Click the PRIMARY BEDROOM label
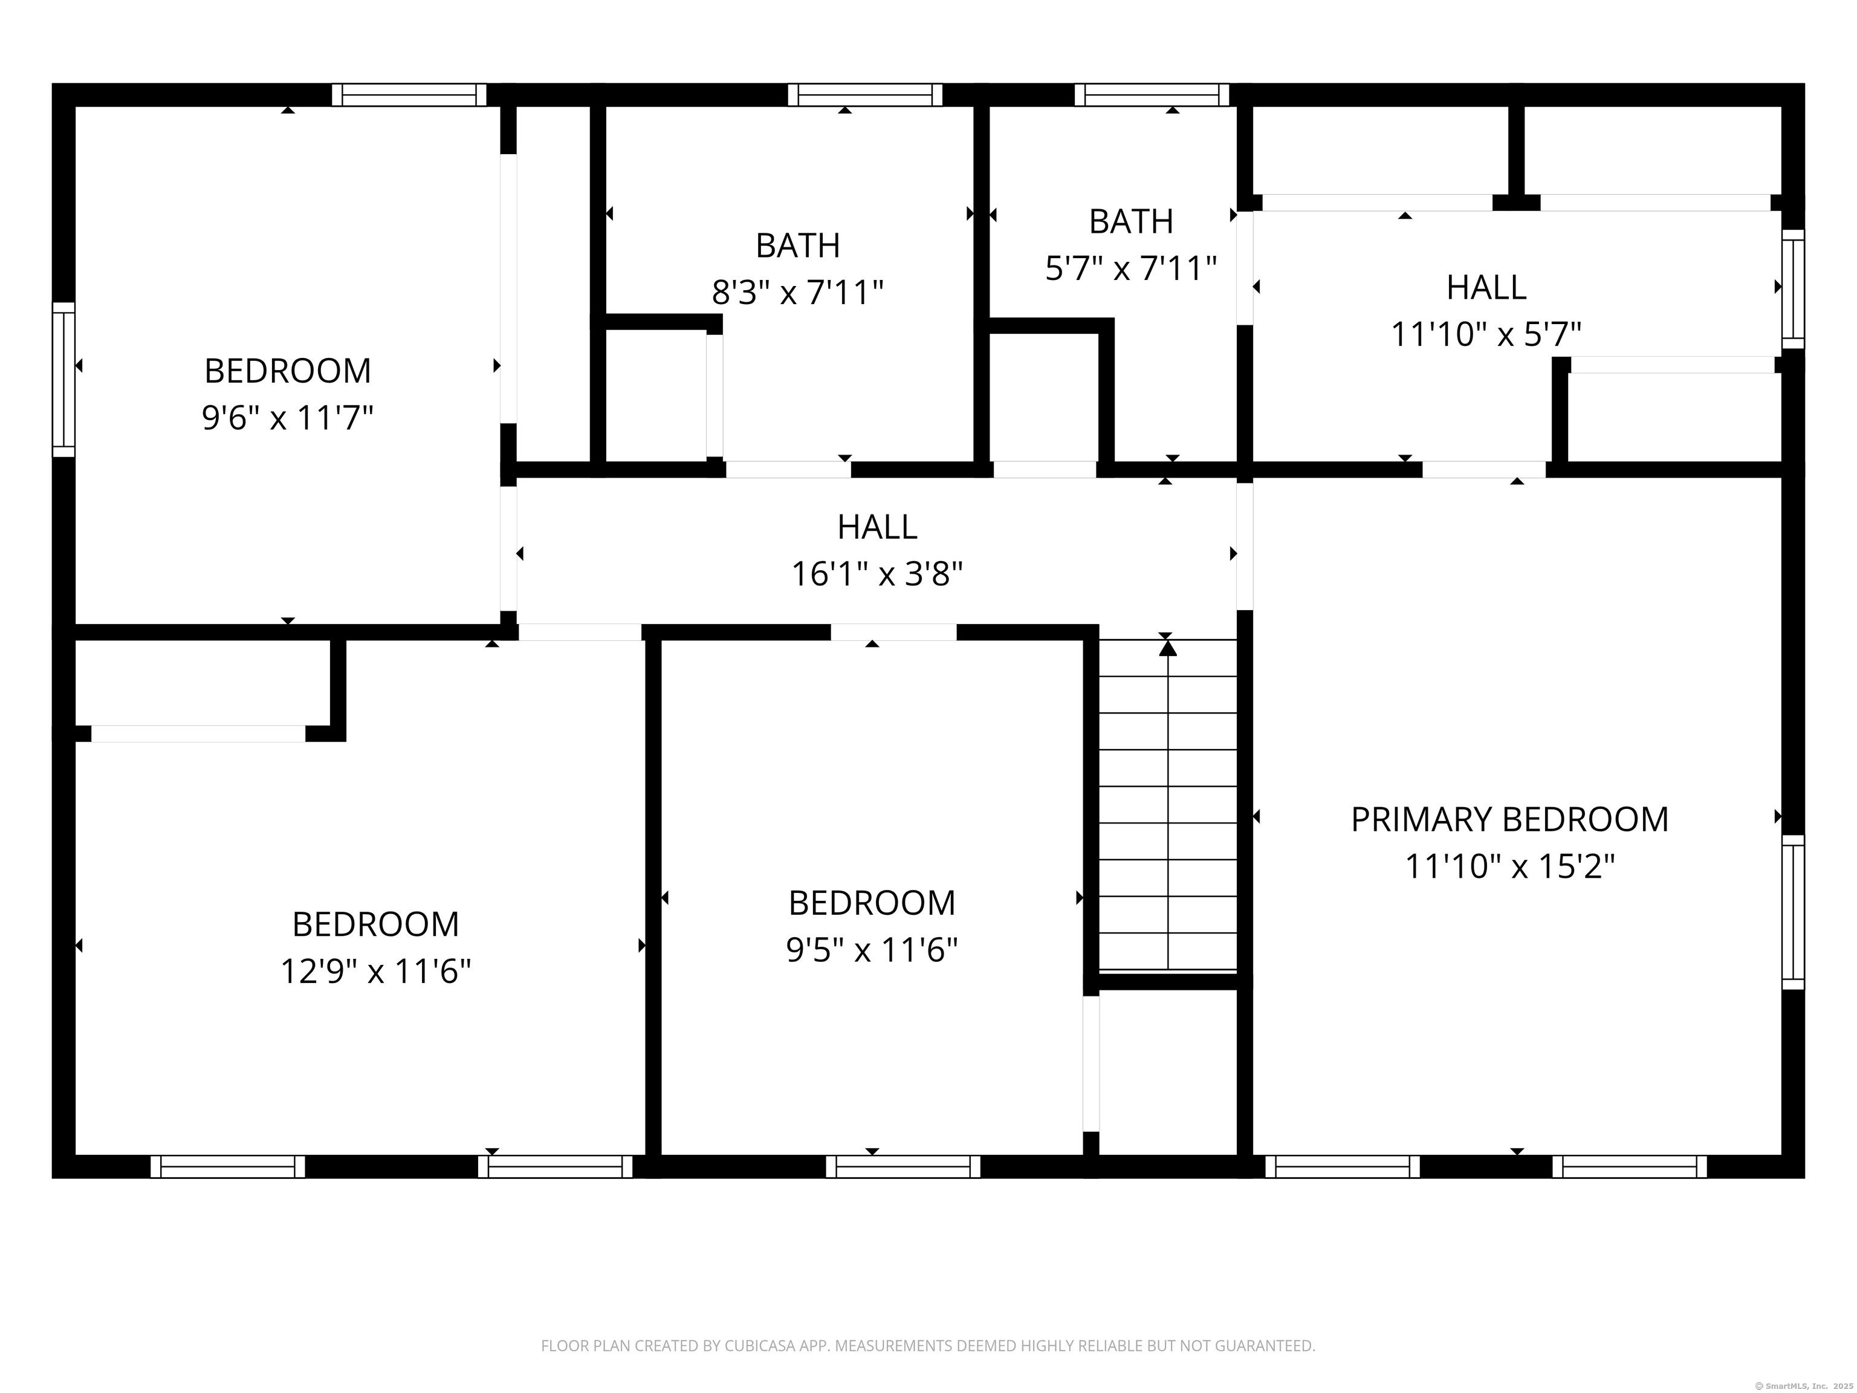click(x=1509, y=819)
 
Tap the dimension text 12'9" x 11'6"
click(x=375, y=972)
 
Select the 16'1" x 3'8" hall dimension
click(x=877, y=574)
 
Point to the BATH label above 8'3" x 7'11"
click(x=797, y=245)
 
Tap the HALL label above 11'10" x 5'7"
click(x=1485, y=287)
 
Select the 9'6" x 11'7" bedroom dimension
click(x=287, y=417)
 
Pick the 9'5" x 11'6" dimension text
click(x=872, y=950)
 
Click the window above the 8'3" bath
click(x=864, y=95)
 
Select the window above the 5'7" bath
click(x=1152, y=95)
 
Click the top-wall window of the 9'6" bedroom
click(x=409, y=95)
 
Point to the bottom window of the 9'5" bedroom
click(x=903, y=1166)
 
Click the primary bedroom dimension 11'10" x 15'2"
click(x=1509, y=866)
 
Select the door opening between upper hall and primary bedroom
click(x=1483, y=469)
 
